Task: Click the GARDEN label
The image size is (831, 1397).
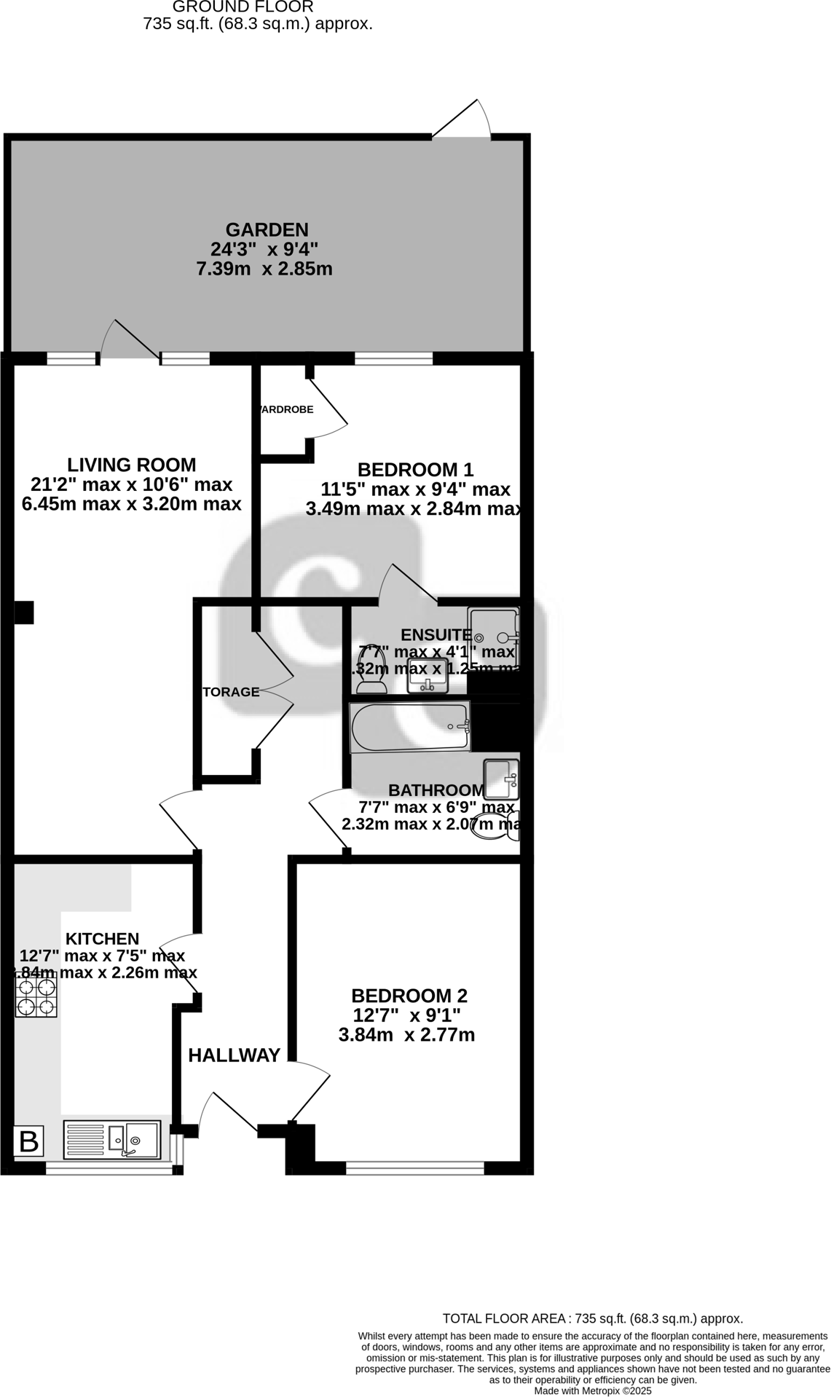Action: [x=267, y=229]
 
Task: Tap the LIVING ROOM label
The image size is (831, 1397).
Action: [x=132, y=465]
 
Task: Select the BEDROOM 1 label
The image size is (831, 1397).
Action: [x=415, y=469]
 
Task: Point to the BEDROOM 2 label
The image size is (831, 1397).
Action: [x=409, y=996]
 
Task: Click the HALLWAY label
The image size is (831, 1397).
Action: [x=234, y=1055]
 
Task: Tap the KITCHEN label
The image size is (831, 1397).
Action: [x=102, y=939]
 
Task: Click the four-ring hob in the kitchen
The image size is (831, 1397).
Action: [x=36, y=997]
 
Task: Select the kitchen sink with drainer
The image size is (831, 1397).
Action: [x=112, y=1138]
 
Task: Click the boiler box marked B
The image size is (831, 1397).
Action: [x=29, y=1141]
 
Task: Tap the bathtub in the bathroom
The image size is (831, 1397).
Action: [x=409, y=727]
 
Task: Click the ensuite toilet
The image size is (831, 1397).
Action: [x=372, y=669]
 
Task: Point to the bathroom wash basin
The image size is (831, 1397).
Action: [x=501, y=779]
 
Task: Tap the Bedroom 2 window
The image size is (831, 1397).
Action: [x=414, y=1168]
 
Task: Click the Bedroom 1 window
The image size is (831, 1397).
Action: [x=393, y=358]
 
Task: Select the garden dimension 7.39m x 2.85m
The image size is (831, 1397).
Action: [x=264, y=269]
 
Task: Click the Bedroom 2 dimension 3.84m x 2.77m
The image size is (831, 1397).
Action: [x=406, y=1034]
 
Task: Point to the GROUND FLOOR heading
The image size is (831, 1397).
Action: [x=243, y=7]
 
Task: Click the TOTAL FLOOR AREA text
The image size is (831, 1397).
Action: [x=592, y=1318]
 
